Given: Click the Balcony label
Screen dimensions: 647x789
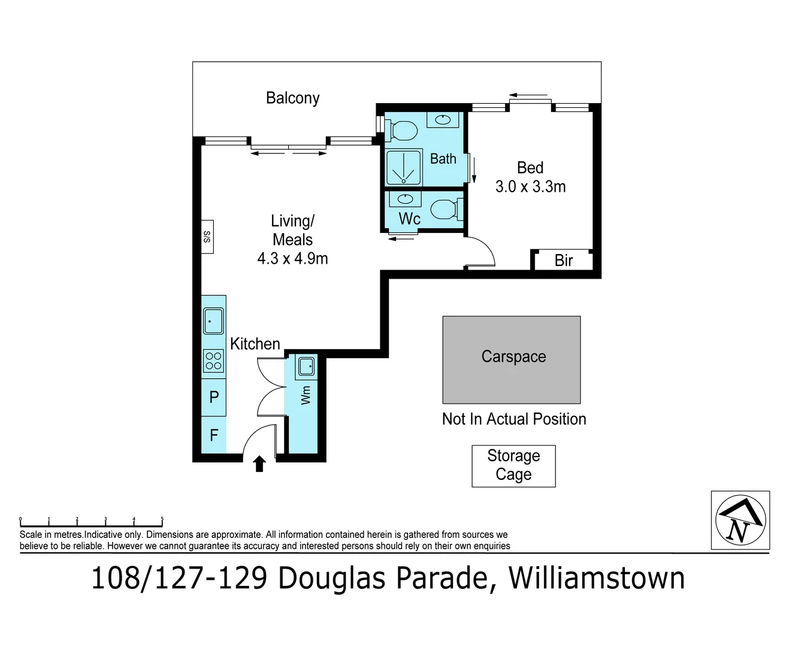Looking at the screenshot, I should click(292, 98).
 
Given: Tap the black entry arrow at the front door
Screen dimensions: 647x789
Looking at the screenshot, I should click(259, 463).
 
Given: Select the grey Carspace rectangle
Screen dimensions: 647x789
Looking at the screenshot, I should click(511, 359).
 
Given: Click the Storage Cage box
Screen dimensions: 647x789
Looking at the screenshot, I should click(513, 465).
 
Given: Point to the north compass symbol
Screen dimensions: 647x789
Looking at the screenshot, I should click(740, 519).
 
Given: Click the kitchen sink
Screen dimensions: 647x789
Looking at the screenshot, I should click(213, 321).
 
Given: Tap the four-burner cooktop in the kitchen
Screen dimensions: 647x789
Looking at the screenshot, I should click(213, 361).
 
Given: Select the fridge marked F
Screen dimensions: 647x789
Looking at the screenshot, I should click(214, 435).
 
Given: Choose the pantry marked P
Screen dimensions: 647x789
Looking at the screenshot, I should click(214, 397).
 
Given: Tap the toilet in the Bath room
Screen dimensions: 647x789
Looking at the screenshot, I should click(403, 129).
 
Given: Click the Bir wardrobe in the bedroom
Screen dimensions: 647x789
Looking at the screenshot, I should click(563, 261).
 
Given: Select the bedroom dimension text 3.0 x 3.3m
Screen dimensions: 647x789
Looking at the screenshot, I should click(530, 187).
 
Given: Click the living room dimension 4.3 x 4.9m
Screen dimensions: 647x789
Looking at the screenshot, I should click(292, 259).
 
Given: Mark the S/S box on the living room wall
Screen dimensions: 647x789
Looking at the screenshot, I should click(207, 237).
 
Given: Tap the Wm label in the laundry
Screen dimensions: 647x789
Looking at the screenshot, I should click(306, 395).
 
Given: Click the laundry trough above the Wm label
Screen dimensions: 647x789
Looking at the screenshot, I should click(306, 365).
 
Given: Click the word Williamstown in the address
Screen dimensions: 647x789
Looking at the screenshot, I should click(597, 579).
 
